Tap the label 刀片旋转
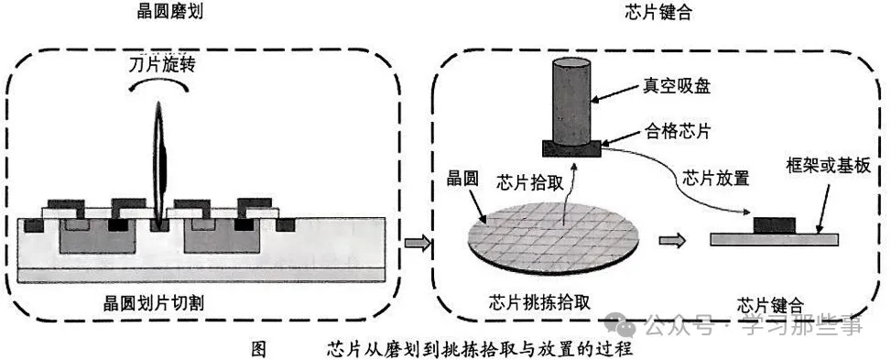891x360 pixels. [x=162, y=65]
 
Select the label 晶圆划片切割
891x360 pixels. [x=158, y=300]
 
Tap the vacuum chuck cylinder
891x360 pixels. [x=574, y=101]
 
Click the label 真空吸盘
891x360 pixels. [x=674, y=86]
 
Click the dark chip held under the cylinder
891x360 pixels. [x=574, y=147]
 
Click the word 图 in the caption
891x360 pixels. [x=257, y=349]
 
